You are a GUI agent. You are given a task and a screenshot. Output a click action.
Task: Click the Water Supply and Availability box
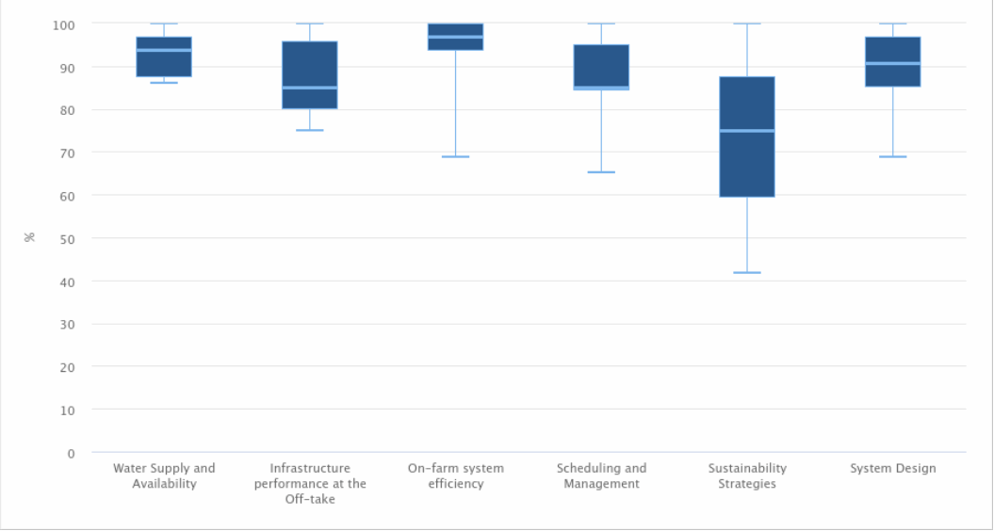point(164,56)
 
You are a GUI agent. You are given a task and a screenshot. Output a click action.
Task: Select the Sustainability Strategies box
point(747,137)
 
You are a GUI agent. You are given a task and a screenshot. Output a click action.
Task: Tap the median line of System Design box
point(892,63)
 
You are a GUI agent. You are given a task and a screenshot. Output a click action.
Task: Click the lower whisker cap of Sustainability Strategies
point(747,272)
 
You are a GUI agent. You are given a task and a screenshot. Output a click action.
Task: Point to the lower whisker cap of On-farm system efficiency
point(455,156)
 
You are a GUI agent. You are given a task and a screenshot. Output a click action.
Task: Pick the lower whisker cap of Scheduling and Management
point(601,171)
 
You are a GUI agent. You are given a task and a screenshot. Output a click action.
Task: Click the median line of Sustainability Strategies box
point(747,131)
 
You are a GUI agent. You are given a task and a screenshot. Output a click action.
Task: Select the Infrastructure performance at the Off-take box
point(309,75)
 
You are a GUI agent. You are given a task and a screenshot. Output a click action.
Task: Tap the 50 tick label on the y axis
point(67,238)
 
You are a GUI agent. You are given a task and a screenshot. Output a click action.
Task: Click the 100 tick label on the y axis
point(64,24)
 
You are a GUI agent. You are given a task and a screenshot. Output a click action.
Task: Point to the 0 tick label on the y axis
point(71,453)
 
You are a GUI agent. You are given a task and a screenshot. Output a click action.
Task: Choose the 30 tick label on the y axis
point(67,325)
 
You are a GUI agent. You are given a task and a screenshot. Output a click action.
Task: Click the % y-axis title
point(30,237)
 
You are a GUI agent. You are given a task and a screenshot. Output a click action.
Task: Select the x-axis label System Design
point(892,469)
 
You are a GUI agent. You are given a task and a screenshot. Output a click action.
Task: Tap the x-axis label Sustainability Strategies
point(747,475)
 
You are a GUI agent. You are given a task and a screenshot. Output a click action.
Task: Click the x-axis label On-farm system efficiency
point(455,475)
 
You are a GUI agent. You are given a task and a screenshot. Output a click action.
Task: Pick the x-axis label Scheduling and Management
point(601,475)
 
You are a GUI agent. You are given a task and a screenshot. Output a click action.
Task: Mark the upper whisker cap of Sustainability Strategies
point(747,24)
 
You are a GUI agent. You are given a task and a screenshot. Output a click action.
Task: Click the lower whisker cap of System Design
point(892,156)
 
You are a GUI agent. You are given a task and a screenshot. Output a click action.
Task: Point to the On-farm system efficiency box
point(455,37)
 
